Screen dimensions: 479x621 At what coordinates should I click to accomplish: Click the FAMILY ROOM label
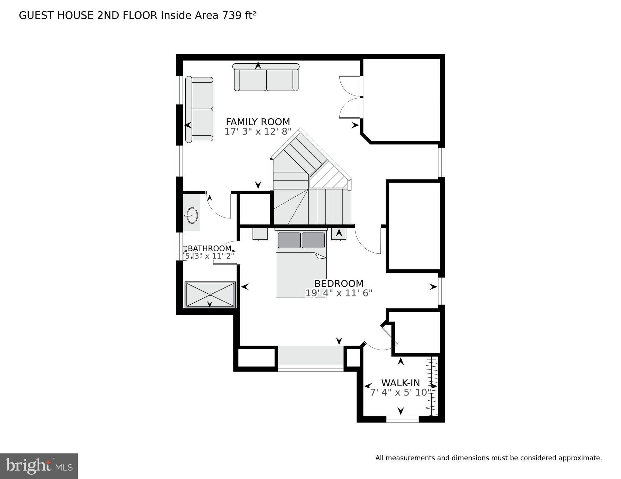pos(258,122)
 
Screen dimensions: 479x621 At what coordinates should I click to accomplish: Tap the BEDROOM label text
pos(339,283)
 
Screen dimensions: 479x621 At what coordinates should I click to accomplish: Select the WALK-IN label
pos(400,383)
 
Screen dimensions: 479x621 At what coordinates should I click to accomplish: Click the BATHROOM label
pos(209,248)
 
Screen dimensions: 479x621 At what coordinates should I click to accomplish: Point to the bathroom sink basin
pos(192,216)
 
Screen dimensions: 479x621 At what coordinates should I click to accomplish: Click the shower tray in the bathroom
pos(210,295)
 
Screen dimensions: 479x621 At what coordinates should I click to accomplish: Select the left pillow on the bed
pos(289,240)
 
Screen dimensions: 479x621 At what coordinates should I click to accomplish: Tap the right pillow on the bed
pos(313,240)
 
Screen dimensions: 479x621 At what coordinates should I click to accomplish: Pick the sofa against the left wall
pos(199,109)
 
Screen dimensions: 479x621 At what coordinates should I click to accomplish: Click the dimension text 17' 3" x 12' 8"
pos(258,132)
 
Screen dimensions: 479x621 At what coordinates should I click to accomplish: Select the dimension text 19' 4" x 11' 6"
pos(339,293)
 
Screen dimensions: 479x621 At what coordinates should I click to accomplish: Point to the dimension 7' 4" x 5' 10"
pos(400,393)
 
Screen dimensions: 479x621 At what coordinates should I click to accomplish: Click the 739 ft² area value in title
pos(239,15)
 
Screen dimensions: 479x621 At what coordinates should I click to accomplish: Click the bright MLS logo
pos(39,466)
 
